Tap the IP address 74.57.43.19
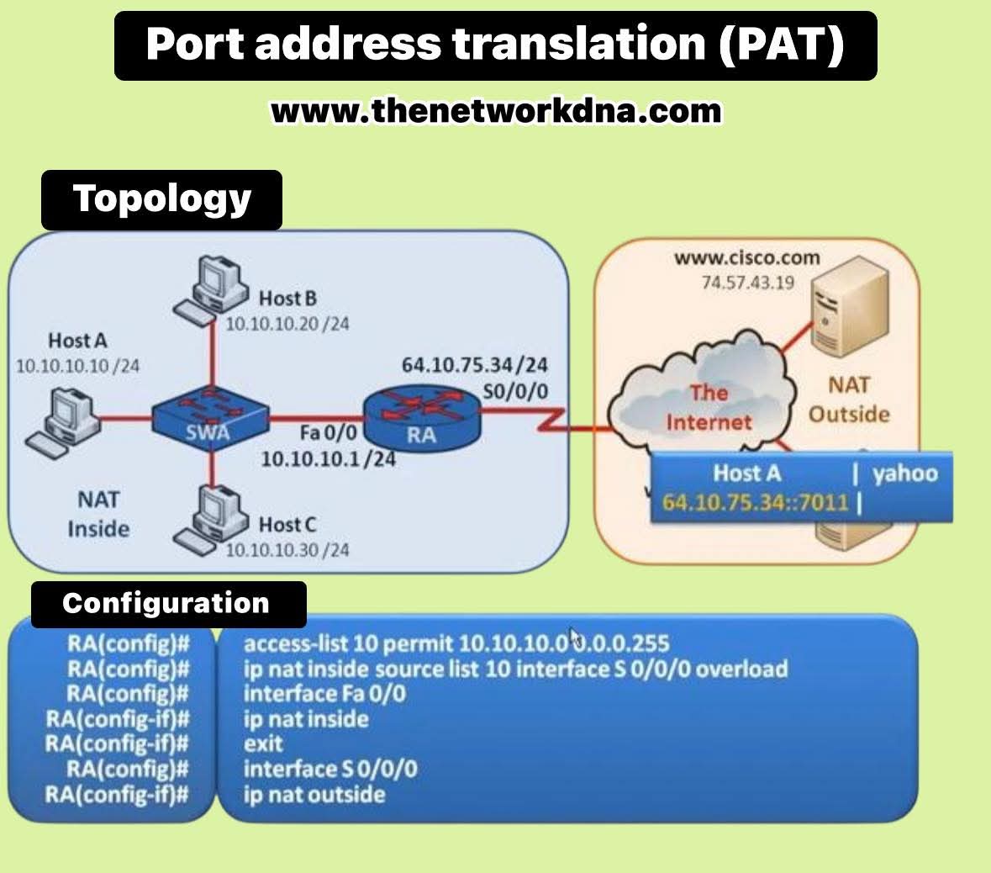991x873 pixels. [x=747, y=283]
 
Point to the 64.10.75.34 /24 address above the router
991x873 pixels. [x=475, y=365]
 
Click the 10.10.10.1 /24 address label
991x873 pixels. [x=328, y=459]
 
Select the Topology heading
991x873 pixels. [x=161, y=199]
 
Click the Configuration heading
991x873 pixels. [x=166, y=603]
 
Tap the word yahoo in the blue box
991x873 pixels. [x=904, y=474]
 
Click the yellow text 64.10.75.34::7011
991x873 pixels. [x=755, y=503]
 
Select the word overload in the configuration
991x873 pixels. [x=741, y=669]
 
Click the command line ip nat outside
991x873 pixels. [x=314, y=795]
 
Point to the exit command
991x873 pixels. [x=263, y=744]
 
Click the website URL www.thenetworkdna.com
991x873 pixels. [x=496, y=110]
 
